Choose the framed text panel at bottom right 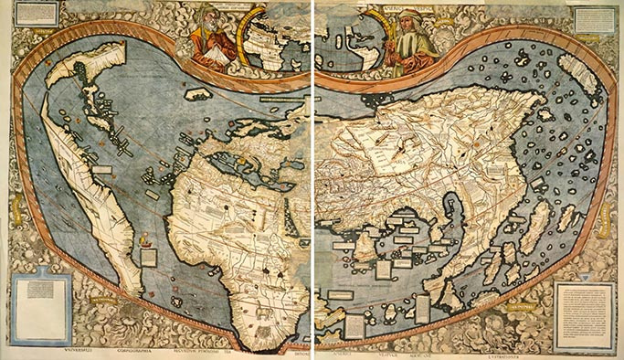pyautogui.click(x=585, y=310)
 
